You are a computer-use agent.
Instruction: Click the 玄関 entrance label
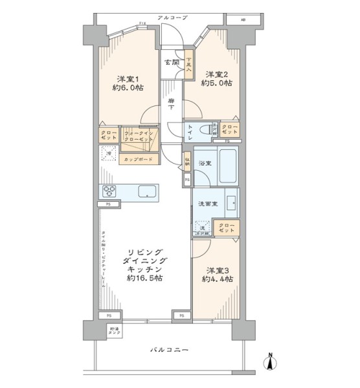[171, 63]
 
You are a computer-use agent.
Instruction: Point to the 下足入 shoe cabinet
[188, 65]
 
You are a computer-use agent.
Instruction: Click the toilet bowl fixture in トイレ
[207, 128]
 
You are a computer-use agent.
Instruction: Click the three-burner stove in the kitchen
[109, 191]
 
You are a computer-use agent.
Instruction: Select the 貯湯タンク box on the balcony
[114, 332]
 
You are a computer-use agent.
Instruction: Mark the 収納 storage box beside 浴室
[186, 161]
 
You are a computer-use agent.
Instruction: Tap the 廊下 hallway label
[171, 105]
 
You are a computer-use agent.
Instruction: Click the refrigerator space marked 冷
[109, 154]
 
